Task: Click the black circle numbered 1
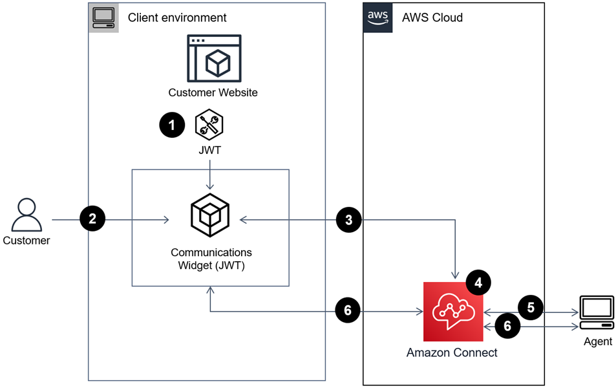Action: click(x=172, y=125)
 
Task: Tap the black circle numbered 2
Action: click(x=92, y=219)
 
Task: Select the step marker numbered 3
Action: click(x=349, y=220)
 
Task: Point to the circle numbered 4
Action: click(x=478, y=283)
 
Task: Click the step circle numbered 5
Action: click(x=531, y=308)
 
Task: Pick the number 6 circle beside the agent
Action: click(x=507, y=327)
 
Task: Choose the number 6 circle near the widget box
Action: click(x=348, y=311)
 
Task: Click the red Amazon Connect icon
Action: click(x=453, y=312)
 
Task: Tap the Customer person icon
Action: click(x=27, y=215)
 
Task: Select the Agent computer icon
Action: click(x=597, y=314)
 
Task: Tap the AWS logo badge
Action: click(x=377, y=17)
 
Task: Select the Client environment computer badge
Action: click(x=103, y=17)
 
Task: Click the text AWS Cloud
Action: click(x=432, y=17)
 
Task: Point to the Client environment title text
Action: click(x=177, y=17)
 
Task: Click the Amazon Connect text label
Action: click(x=452, y=353)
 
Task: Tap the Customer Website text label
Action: click(x=213, y=92)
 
